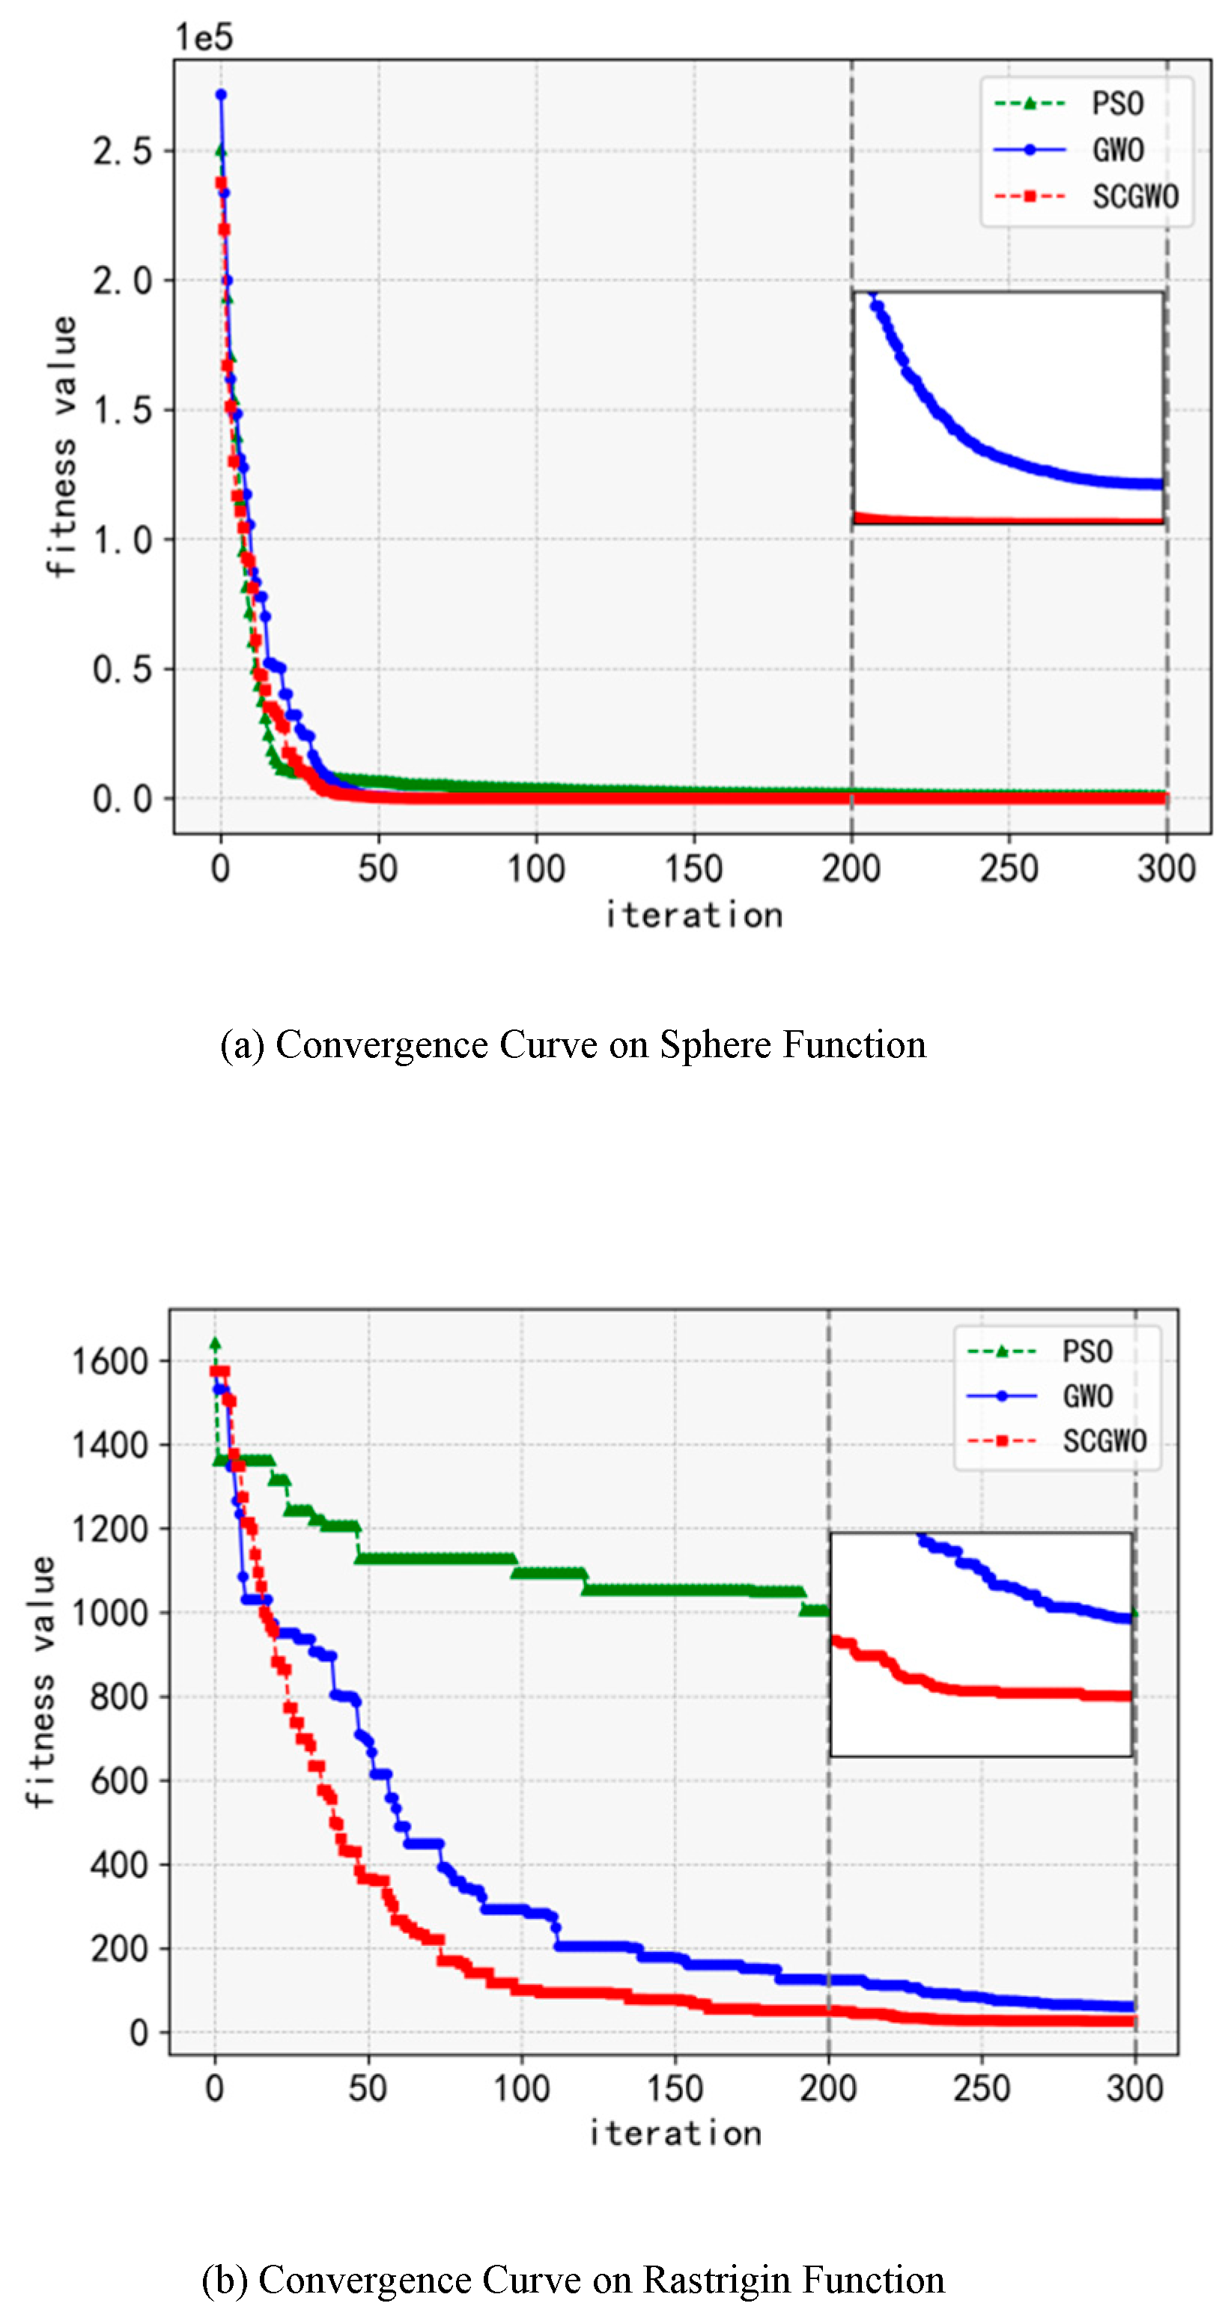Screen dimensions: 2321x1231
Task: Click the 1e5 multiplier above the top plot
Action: coord(204,38)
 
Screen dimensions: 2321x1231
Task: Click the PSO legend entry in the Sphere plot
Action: coord(1117,103)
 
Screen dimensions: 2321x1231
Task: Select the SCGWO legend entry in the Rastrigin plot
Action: coord(1104,1441)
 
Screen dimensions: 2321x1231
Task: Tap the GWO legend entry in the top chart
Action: coord(1117,150)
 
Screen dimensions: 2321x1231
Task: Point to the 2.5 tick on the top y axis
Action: coord(123,151)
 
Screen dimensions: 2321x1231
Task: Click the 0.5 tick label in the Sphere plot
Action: coord(123,669)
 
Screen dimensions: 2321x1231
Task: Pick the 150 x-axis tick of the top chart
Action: coord(693,869)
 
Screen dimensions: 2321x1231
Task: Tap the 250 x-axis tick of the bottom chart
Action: coord(982,2087)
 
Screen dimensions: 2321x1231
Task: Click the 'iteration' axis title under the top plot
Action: coord(693,916)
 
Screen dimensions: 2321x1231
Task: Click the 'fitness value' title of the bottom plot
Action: coord(40,1680)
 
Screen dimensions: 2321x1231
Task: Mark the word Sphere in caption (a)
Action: coord(716,1044)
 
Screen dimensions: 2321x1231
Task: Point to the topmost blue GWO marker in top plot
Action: coord(221,94)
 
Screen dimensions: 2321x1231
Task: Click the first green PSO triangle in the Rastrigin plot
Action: coord(214,1342)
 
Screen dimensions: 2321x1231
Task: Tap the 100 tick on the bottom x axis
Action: coord(521,2087)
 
